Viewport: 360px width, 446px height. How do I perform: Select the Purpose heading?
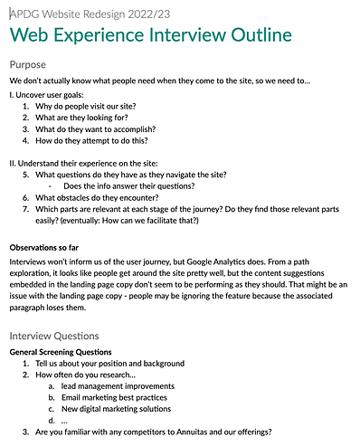(31, 65)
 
